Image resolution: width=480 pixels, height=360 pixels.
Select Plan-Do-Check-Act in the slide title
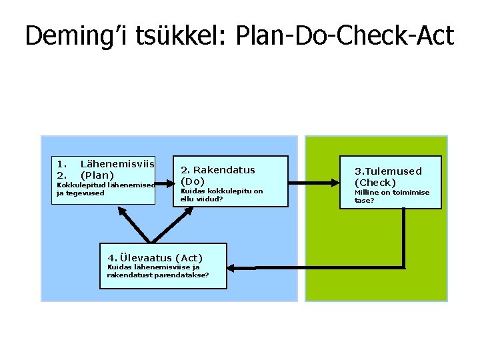344,36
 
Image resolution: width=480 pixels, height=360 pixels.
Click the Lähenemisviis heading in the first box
117,163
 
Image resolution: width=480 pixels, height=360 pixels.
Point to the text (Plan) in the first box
97,175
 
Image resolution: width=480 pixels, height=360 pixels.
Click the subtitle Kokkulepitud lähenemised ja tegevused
105,189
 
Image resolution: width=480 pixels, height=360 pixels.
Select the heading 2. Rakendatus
218,170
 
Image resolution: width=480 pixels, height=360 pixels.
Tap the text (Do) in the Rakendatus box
193,181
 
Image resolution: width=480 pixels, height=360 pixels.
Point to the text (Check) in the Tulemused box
375,182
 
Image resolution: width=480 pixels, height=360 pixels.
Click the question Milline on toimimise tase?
391,196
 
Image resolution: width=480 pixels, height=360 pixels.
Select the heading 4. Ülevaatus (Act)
155,257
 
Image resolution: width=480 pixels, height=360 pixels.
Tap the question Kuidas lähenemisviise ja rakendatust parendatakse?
158,271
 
